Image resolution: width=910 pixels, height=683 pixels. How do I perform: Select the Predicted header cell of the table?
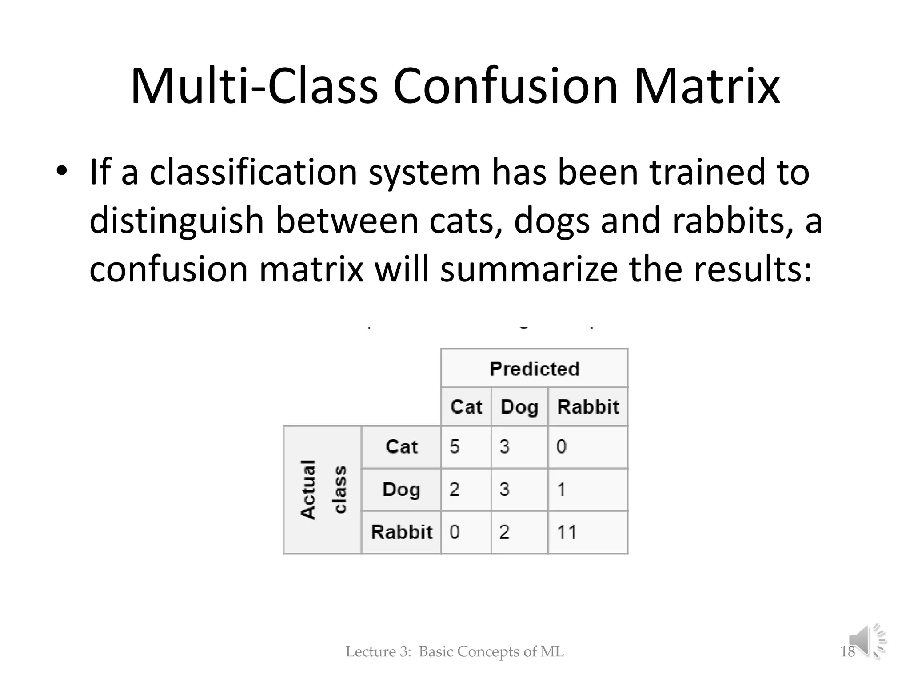[x=534, y=368]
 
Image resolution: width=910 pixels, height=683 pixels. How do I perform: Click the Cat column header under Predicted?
[x=466, y=406]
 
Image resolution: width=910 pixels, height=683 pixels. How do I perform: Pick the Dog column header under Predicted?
[x=519, y=406]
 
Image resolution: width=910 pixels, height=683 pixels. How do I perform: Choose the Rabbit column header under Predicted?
[x=588, y=406]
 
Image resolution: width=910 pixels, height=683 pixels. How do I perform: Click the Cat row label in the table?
[x=401, y=446]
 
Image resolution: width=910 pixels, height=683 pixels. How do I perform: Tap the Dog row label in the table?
[x=401, y=489]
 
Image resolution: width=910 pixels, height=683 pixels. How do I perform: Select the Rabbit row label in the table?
[x=401, y=532]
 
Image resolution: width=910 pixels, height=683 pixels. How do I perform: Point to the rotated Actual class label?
[x=323, y=489]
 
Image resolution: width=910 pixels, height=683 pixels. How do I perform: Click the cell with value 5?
[x=466, y=446]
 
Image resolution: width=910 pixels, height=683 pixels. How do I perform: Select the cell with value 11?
[x=588, y=532]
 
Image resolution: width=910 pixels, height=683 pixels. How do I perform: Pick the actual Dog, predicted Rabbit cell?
[x=588, y=489]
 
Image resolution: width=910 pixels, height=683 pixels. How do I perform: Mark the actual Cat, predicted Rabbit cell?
[x=588, y=446]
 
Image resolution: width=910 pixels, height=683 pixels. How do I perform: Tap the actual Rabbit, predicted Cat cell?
[x=466, y=532]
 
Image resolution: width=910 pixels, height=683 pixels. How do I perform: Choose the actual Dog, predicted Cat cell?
[x=466, y=489]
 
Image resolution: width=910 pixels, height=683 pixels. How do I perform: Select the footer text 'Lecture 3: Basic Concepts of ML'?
[x=455, y=651]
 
